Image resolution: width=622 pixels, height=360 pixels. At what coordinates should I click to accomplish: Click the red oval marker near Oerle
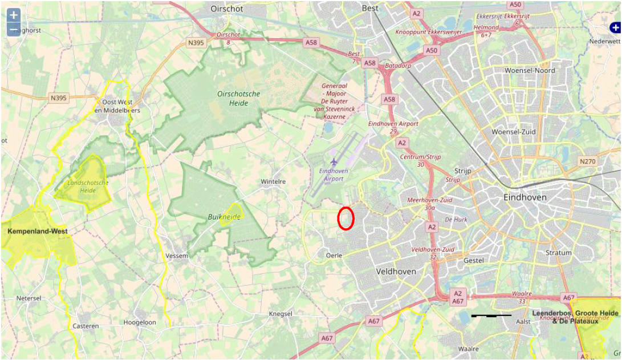pyautogui.click(x=346, y=219)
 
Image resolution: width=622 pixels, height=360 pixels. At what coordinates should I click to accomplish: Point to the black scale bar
pyautogui.click(x=491, y=315)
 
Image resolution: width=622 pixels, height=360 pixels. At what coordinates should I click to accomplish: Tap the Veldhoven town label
pyautogui.click(x=396, y=272)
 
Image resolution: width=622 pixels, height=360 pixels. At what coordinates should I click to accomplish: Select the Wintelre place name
pyautogui.click(x=273, y=181)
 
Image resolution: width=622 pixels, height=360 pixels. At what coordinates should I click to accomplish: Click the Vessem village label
pyautogui.click(x=176, y=256)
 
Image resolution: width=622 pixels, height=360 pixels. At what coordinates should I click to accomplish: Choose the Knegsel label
pyautogui.click(x=280, y=314)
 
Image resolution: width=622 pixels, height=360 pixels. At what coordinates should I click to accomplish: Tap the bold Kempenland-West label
pyautogui.click(x=38, y=232)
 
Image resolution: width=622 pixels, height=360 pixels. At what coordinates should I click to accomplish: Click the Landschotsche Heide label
pyautogui.click(x=88, y=186)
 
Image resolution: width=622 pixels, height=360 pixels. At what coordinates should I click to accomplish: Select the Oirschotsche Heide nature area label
pyautogui.click(x=238, y=98)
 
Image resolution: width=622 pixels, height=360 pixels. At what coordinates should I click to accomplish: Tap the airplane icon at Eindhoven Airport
pyautogui.click(x=334, y=162)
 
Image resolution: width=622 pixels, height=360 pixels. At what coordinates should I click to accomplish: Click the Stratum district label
pyautogui.click(x=558, y=253)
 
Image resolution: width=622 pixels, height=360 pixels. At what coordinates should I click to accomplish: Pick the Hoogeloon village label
pyautogui.click(x=140, y=322)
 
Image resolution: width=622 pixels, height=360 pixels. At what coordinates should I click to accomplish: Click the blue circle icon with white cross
pyautogui.click(x=615, y=27)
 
